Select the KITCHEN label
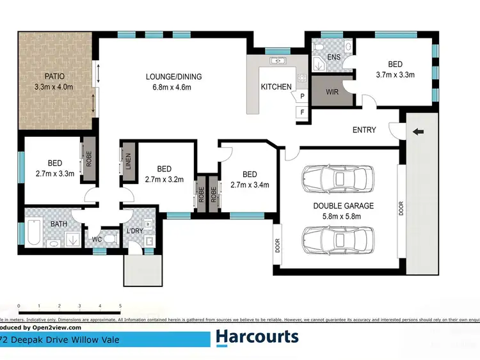pyautogui.click(x=276, y=87)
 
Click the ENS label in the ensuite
pyautogui.click(x=333, y=57)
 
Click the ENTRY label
pyautogui.click(x=364, y=130)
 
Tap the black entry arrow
pyautogui.click(x=419, y=132)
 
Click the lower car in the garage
pyautogui.click(x=338, y=239)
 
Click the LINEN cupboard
pyautogui.click(x=128, y=160)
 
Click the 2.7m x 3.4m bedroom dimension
pyautogui.click(x=250, y=185)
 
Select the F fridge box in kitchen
pyautogui.click(x=302, y=113)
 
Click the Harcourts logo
pyautogui.click(x=257, y=337)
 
